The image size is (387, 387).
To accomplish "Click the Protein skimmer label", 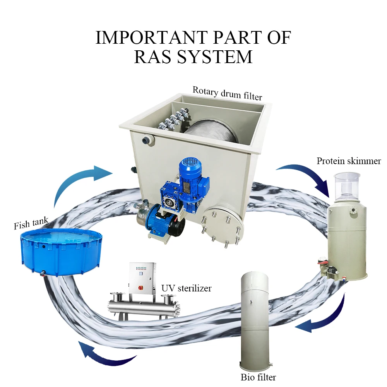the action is [349, 161].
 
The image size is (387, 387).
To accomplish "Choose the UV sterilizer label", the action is [187, 288].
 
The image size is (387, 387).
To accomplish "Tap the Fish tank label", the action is [31, 223].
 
